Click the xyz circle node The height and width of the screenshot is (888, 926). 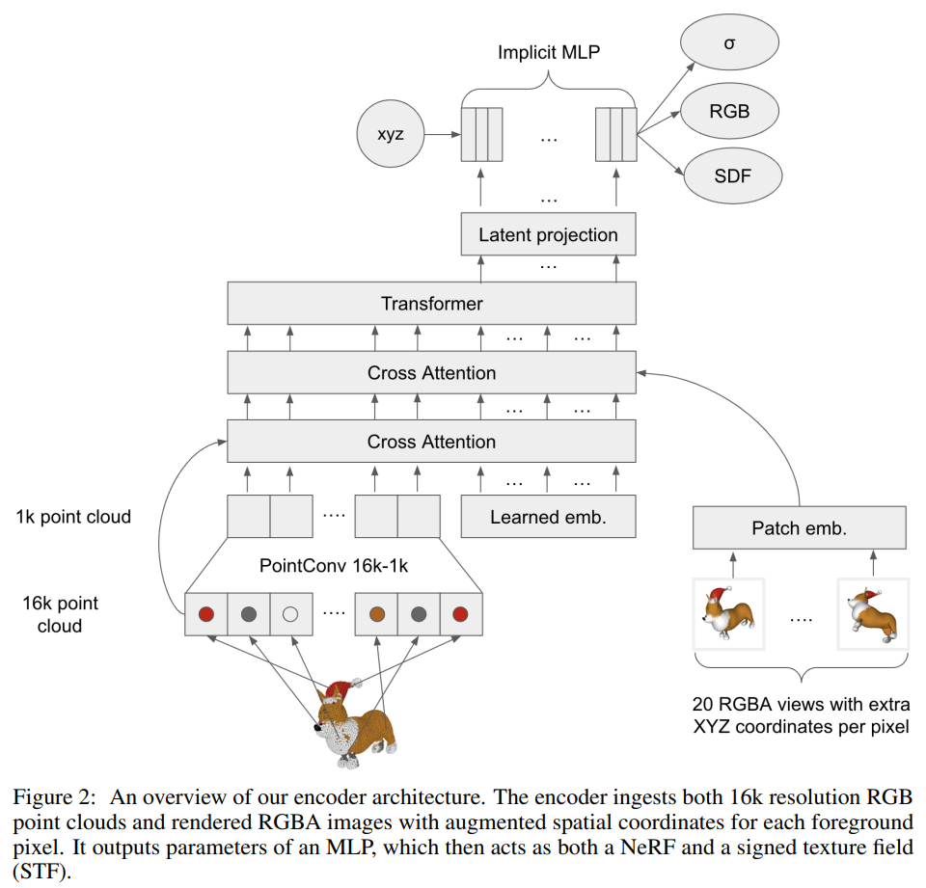(x=391, y=134)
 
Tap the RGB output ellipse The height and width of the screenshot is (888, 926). (x=729, y=111)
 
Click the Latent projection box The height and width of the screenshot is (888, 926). (x=548, y=234)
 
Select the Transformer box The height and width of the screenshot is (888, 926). (x=431, y=304)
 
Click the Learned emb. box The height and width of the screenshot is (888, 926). (x=548, y=516)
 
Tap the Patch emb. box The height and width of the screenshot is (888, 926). (x=800, y=527)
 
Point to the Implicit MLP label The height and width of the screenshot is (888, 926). (x=549, y=52)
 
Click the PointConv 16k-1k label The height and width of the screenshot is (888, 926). (x=333, y=566)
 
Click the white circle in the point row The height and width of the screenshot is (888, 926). (x=290, y=613)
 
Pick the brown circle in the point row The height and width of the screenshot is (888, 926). (x=376, y=613)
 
